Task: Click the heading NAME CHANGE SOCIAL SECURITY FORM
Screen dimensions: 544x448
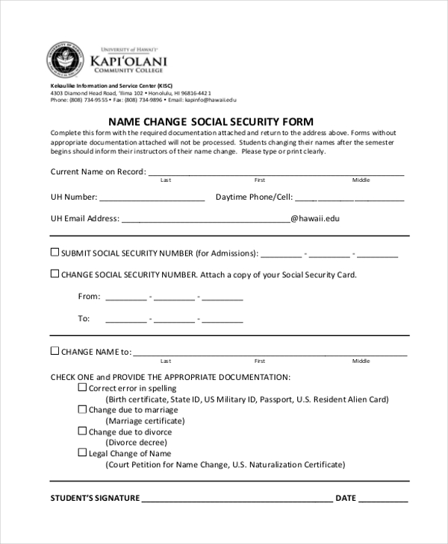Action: pos(211,121)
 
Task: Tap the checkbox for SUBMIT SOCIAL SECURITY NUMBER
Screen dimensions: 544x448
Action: pos(55,252)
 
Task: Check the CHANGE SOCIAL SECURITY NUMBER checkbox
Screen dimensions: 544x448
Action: pos(55,273)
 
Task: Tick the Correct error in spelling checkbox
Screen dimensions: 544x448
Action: pos(82,388)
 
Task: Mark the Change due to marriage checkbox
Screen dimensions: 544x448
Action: pos(82,409)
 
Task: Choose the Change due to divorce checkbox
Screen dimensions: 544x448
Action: pos(82,431)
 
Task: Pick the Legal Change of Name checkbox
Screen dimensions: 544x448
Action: pos(82,452)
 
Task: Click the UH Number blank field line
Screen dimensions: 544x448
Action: pos(152,200)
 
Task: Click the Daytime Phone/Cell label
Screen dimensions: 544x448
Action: pos(253,197)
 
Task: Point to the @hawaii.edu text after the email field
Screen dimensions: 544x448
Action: pos(314,219)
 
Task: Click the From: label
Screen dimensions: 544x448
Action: pos(89,297)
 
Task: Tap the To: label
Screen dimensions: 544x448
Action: pos(84,318)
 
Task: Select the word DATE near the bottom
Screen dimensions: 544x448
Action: pos(346,498)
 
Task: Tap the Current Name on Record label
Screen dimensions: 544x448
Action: pos(97,171)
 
